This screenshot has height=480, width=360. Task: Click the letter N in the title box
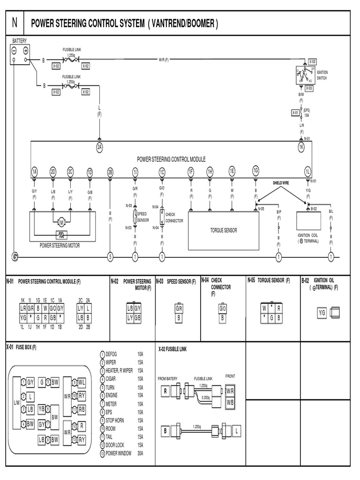tap(15, 23)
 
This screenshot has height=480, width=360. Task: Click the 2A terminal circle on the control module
tap(99, 147)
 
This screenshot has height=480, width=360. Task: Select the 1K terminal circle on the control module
tap(301, 147)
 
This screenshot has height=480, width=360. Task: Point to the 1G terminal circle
tap(255, 170)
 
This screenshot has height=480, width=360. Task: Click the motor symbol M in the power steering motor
tap(61, 221)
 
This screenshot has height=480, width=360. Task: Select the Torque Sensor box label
tap(224, 230)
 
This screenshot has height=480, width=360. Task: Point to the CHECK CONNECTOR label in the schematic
tap(174, 218)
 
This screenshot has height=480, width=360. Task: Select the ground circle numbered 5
tap(110, 256)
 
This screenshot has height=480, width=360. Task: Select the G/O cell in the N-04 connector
tap(223, 308)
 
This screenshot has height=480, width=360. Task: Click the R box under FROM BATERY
tap(165, 391)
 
